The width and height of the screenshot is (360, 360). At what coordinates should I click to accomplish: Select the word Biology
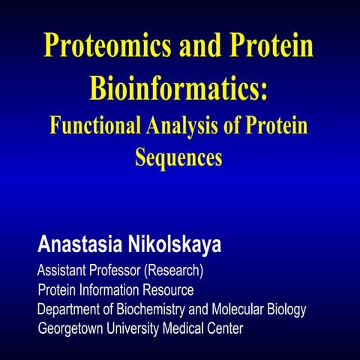tap(286, 309)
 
